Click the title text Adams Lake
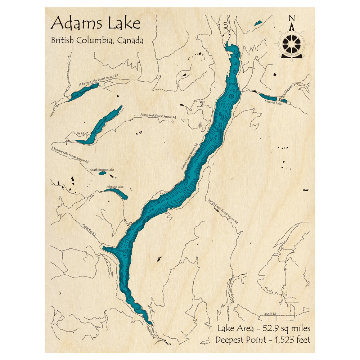point(95,24)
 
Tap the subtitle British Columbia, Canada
point(97,40)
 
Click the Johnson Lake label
point(114,187)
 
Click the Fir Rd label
point(80,134)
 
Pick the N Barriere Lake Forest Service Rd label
point(98,80)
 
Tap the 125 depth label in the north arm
point(235,64)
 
